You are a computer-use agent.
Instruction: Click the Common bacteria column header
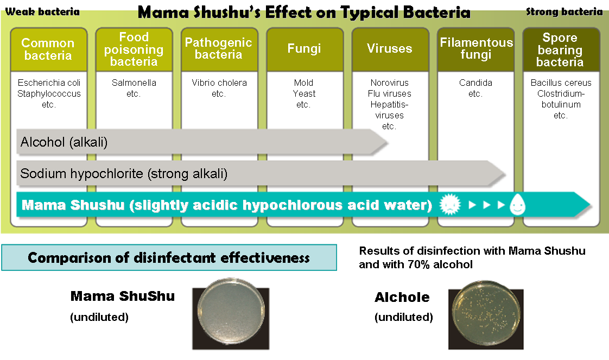click(x=48, y=49)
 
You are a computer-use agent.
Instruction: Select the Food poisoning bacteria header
click(x=134, y=49)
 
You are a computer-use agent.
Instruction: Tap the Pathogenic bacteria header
click(x=219, y=49)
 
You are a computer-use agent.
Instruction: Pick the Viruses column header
click(x=390, y=49)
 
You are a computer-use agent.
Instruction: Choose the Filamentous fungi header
click(x=476, y=49)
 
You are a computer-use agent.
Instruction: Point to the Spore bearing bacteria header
click(x=561, y=49)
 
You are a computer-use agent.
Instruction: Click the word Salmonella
click(x=134, y=83)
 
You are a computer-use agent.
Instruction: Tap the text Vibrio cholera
click(x=219, y=83)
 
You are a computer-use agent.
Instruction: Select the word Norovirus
click(x=390, y=83)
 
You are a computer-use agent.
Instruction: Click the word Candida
click(x=476, y=83)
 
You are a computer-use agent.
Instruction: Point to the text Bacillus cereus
click(x=561, y=83)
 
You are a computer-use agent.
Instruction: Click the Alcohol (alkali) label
click(x=64, y=142)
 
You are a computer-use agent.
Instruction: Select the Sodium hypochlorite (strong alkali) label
click(x=124, y=174)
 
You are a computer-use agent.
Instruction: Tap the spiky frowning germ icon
click(x=450, y=204)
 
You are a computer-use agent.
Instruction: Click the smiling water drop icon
click(x=517, y=204)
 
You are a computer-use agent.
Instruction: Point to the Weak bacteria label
click(x=42, y=11)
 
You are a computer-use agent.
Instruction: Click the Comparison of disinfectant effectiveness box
click(x=169, y=257)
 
